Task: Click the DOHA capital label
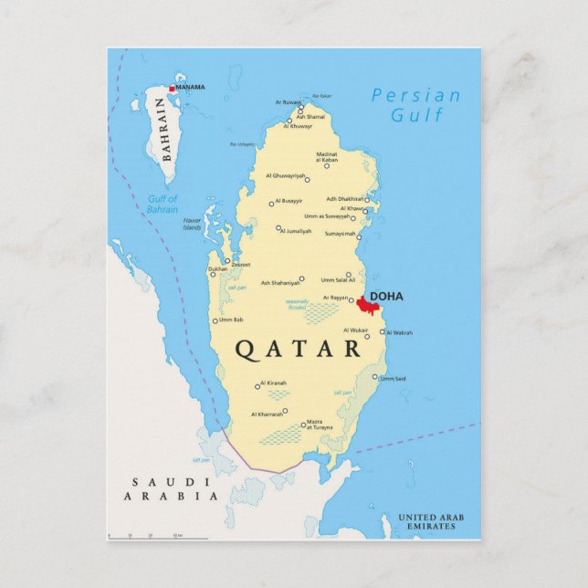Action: point(385,296)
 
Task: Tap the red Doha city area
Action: point(362,305)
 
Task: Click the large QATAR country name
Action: point(299,348)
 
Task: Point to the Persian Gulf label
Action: point(416,105)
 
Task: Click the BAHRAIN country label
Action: point(165,129)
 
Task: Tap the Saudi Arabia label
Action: point(173,489)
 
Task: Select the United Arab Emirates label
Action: point(430,522)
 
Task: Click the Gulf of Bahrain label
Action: point(163,204)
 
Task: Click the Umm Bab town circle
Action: point(215,320)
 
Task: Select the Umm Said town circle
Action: point(374,376)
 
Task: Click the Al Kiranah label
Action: point(273,383)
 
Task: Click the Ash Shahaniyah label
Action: point(279,283)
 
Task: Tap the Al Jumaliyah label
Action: point(296,231)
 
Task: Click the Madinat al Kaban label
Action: point(326,157)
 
